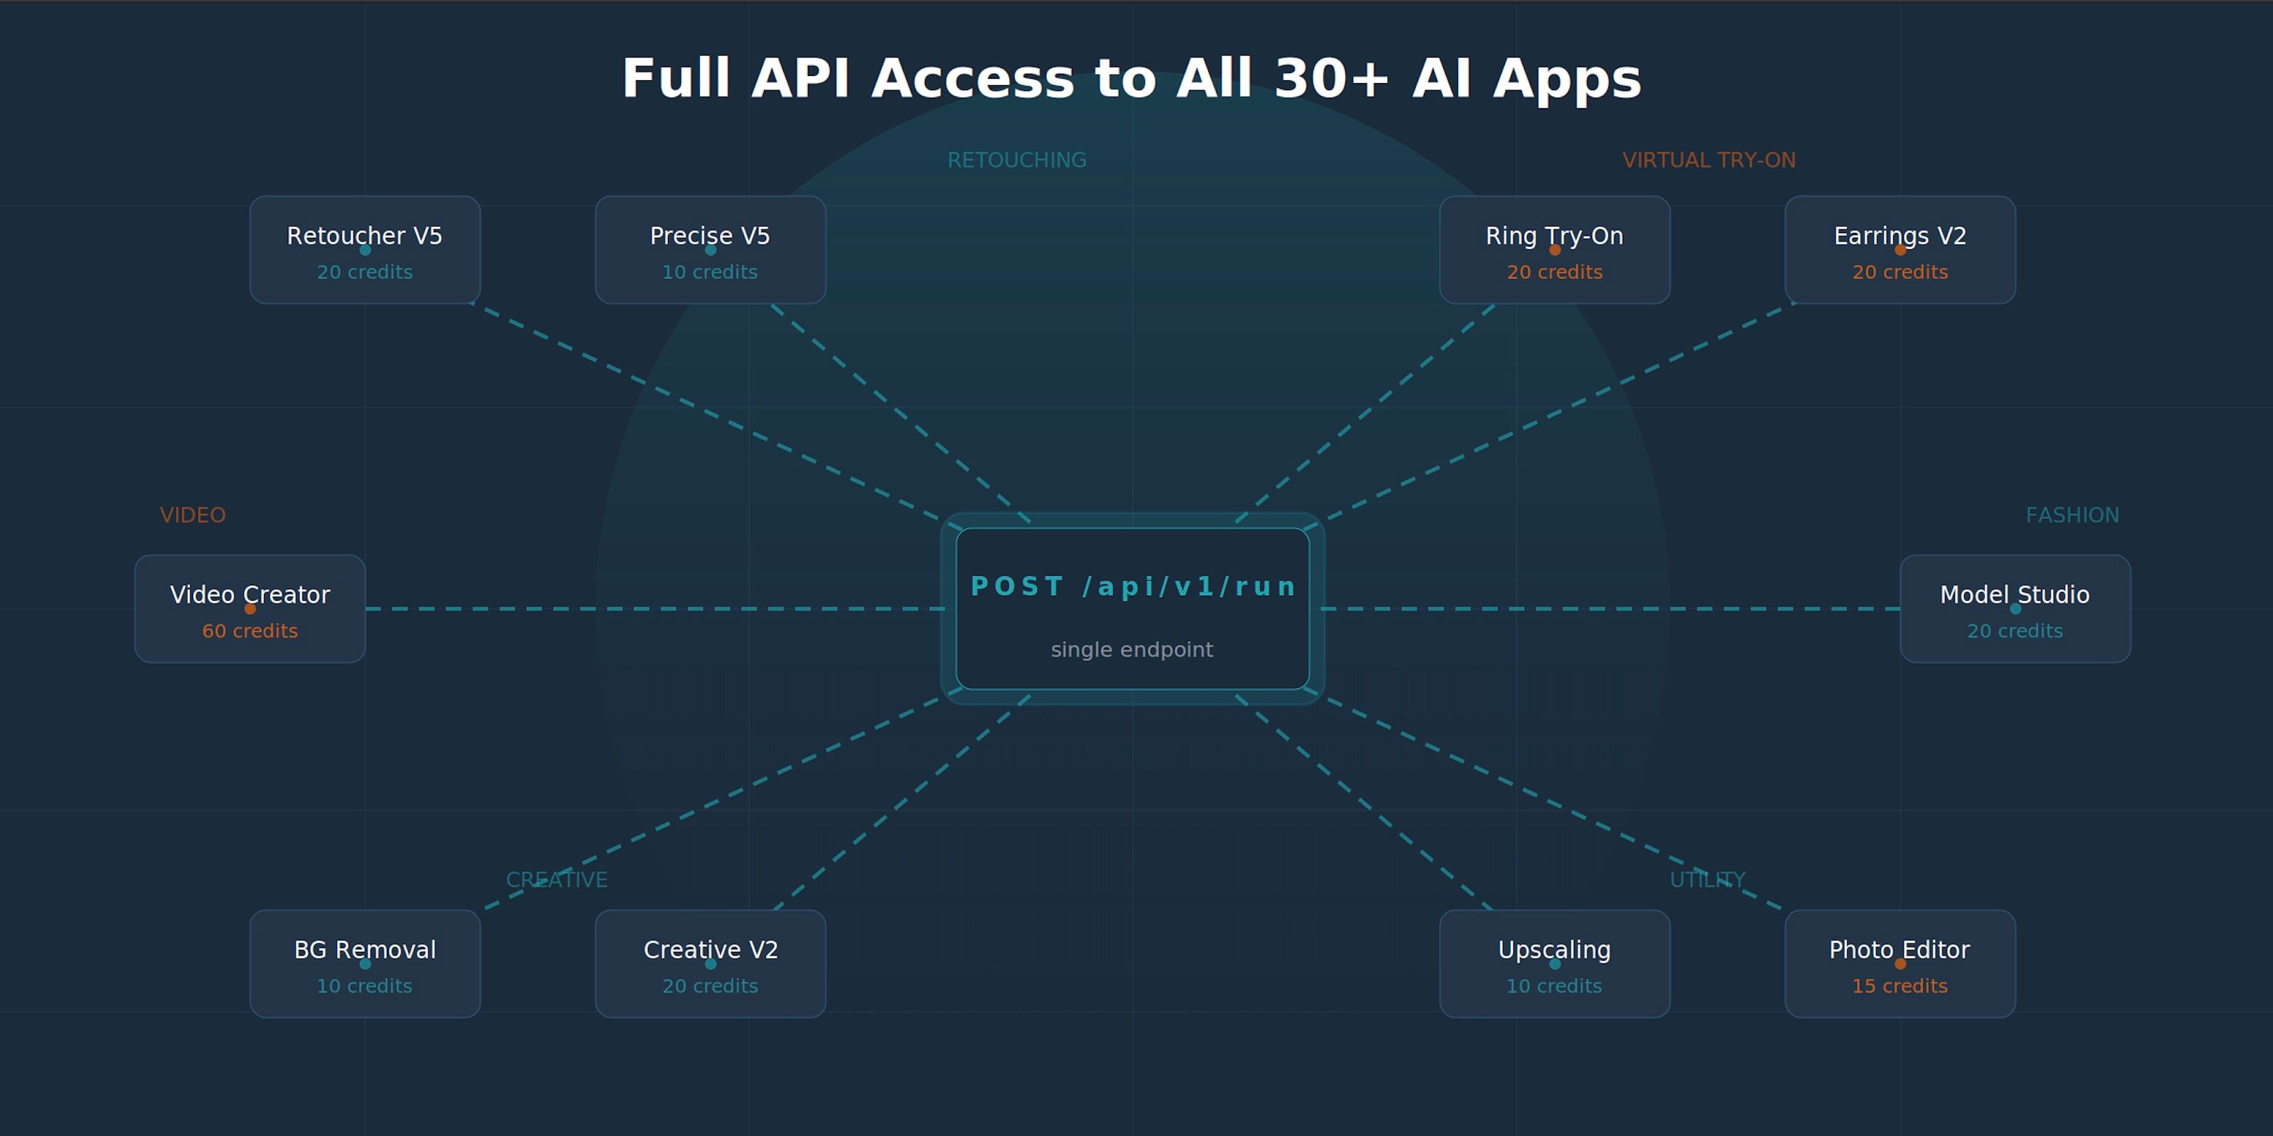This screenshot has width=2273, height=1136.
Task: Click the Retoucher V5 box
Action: [364, 250]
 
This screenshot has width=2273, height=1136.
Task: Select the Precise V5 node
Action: [711, 250]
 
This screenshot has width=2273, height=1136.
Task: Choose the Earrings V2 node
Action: [1900, 250]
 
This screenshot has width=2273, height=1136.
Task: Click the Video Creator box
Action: [250, 609]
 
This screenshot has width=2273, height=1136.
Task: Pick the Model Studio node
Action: [2015, 609]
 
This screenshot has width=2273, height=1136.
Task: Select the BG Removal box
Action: [364, 964]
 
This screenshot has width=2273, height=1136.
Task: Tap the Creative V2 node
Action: [711, 964]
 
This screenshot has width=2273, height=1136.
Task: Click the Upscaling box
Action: [1554, 964]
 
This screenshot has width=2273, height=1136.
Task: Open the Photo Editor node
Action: [1900, 964]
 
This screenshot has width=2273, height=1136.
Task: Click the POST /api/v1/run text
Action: [1133, 587]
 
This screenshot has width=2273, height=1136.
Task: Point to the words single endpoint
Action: [1132, 650]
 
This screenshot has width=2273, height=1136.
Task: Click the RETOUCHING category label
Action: [1017, 160]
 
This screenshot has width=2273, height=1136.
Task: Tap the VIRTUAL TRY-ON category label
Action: [1708, 160]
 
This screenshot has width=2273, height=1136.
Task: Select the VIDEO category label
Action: [192, 515]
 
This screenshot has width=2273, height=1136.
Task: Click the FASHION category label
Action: [2072, 515]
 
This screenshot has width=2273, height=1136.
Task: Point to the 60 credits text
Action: [250, 631]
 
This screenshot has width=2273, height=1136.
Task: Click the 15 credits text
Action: [1900, 986]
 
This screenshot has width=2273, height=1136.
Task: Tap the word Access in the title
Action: [973, 80]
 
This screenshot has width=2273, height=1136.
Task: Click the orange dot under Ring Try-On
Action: [1555, 250]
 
